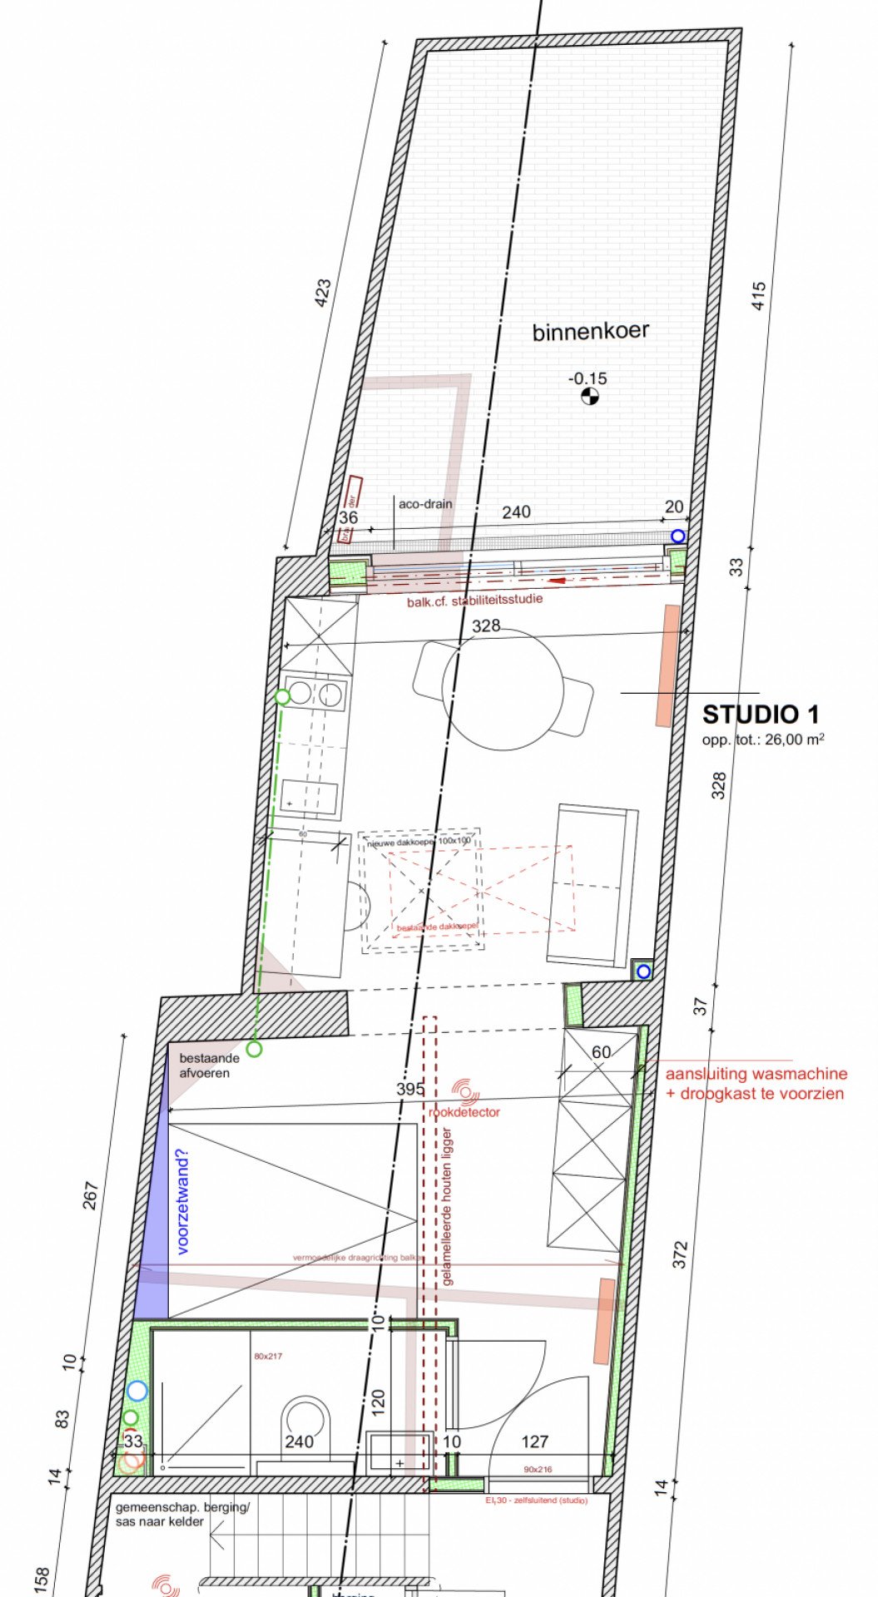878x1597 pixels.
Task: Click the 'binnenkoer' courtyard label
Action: (590, 332)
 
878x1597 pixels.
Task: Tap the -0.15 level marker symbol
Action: (588, 397)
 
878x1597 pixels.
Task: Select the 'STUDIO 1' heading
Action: (761, 714)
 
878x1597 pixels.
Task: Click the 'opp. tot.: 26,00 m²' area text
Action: (763, 739)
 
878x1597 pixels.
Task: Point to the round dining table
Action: (503, 689)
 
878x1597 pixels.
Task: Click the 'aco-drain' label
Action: (425, 504)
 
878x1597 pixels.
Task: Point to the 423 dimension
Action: (323, 293)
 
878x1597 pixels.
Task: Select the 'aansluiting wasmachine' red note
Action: (756, 1075)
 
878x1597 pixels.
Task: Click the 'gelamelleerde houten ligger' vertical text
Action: (448, 1206)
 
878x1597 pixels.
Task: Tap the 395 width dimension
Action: (410, 1089)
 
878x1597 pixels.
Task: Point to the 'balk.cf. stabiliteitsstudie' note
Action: (474, 600)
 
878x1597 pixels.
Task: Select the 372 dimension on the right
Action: (680, 1254)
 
